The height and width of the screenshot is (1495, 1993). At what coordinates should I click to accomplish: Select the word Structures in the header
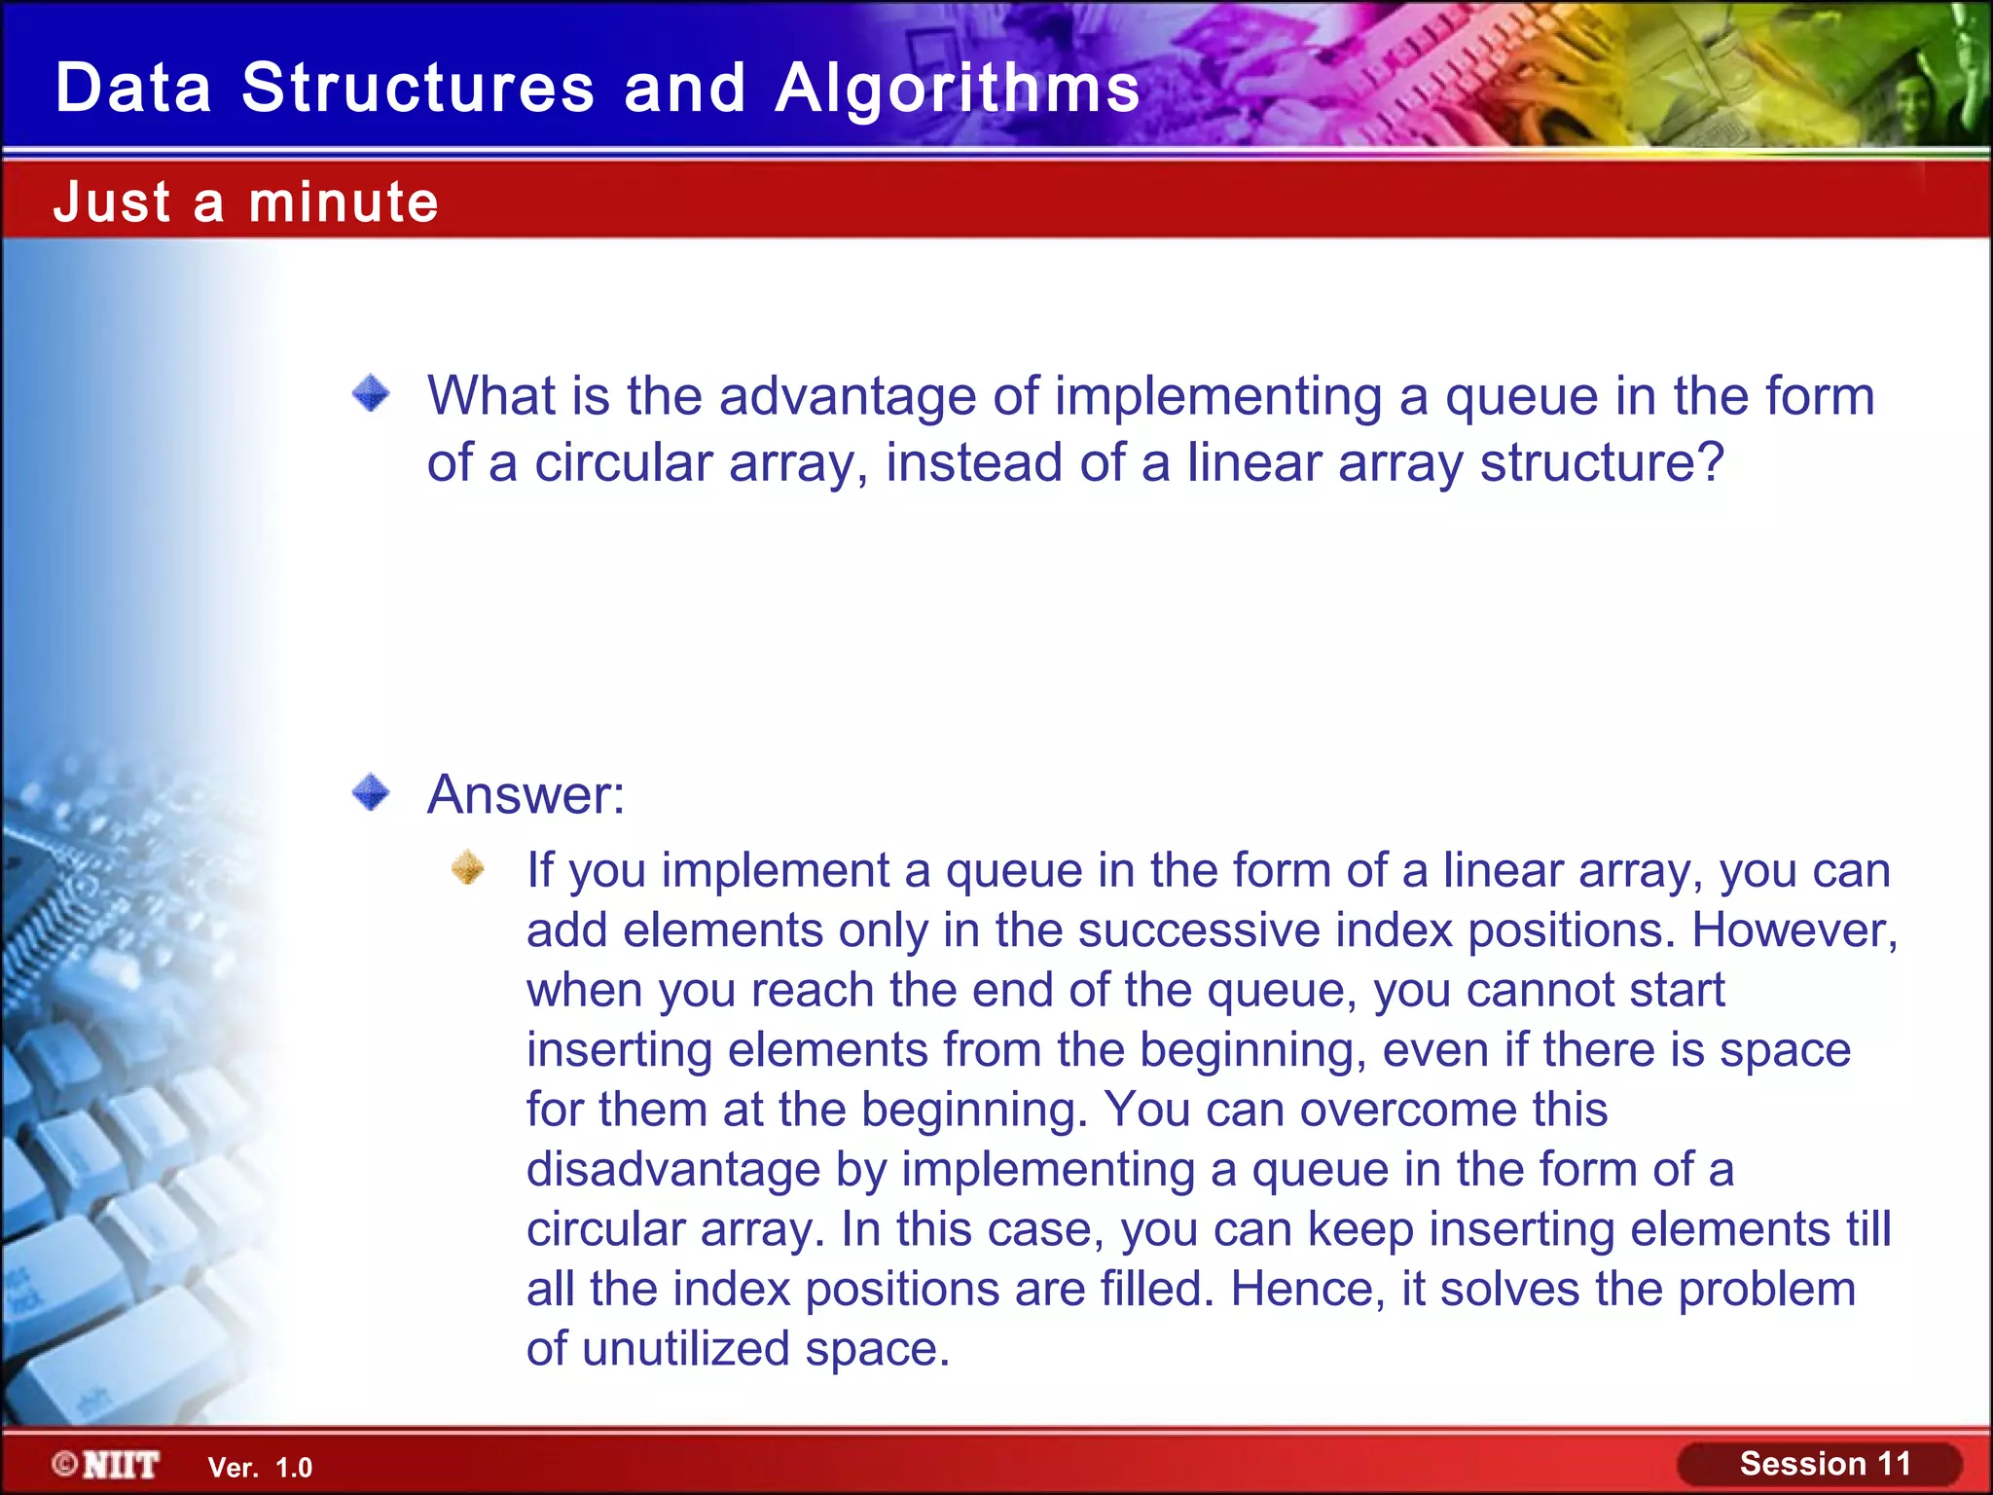[417, 88]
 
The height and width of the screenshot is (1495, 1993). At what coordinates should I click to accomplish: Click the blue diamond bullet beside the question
[371, 394]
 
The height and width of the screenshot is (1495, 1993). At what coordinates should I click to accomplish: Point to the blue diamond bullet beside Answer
[371, 792]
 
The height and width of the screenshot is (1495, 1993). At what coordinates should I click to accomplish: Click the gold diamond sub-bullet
[468, 867]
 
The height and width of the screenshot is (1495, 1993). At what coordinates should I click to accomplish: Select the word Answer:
[525, 794]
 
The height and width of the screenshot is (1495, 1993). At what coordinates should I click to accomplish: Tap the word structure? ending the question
[1602, 462]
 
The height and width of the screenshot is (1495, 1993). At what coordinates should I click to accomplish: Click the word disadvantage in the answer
[673, 1170]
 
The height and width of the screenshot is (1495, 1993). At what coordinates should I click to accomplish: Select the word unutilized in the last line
[685, 1350]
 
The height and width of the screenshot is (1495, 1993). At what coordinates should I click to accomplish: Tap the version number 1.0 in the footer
[294, 1468]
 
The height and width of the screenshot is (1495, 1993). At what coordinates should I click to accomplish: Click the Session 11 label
[1825, 1464]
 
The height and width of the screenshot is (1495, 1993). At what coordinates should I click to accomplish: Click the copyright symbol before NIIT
[65, 1464]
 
